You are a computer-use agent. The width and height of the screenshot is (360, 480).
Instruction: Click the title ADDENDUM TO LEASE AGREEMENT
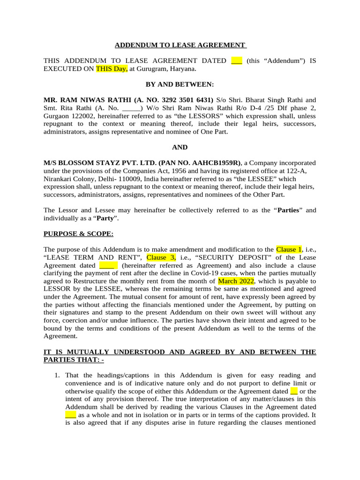(180, 45)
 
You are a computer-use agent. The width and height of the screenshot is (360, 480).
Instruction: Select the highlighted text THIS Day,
(112, 69)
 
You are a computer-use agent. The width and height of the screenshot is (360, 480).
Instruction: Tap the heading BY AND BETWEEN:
(180, 84)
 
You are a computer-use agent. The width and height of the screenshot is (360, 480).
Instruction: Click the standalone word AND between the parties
(180, 147)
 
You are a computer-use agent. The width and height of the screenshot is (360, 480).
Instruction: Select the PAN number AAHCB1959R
(215, 163)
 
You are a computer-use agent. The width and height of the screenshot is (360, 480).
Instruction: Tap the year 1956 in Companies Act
(158, 171)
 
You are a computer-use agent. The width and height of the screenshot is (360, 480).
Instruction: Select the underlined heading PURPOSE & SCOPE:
(78, 233)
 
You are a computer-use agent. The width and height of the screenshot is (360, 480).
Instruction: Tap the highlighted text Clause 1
(289, 249)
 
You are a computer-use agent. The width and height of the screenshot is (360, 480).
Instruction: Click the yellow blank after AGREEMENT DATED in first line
(237, 61)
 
